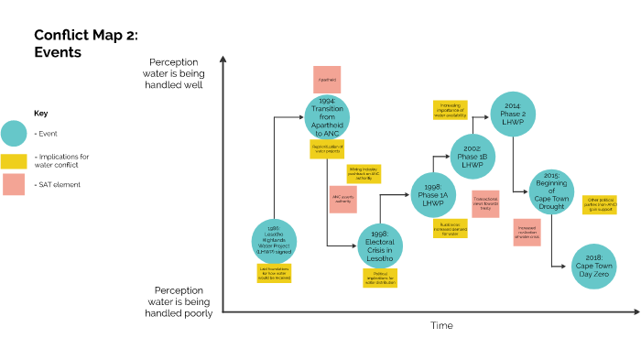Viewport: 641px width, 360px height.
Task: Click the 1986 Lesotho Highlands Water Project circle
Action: [274, 240]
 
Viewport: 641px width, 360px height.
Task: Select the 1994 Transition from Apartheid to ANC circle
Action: [328, 116]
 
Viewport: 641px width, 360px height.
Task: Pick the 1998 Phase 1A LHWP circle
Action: [432, 195]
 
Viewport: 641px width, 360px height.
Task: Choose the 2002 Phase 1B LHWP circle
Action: [473, 157]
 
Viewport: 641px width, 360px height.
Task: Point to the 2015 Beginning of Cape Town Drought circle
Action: [551, 192]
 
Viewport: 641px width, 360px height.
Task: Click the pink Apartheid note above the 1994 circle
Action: [327, 79]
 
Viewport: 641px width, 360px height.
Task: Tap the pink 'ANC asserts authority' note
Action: [342, 200]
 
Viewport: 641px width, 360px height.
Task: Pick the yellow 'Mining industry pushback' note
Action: [362, 173]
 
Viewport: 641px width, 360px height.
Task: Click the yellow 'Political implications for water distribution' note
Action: [380, 278]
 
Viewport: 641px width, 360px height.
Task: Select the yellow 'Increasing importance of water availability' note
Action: [450, 110]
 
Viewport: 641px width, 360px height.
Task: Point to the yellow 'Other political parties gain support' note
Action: [600, 203]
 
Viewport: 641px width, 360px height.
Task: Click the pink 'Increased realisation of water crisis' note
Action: [527, 232]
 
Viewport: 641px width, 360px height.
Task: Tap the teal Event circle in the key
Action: [14, 134]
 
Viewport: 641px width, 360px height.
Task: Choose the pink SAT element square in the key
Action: [14, 184]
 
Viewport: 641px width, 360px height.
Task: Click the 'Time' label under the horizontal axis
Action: [441, 325]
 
